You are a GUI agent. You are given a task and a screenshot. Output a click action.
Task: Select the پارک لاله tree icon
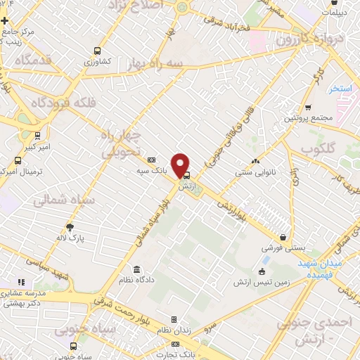[x=70, y=226]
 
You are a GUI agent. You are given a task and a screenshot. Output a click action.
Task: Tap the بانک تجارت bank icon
[x=175, y=344]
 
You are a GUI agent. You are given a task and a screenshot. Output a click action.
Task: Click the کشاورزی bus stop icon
[x=96, y=51]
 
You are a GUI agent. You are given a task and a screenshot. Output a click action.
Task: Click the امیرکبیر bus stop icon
[x=37, y=136]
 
